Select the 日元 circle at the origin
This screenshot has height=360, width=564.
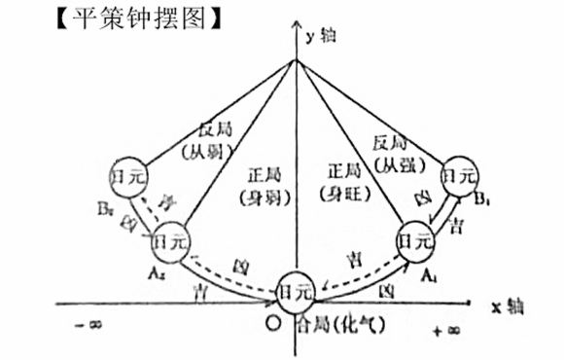pyautogui.click(x=296, y=291)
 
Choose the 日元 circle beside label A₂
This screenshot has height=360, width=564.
pyautogui.click(x=172, y=240)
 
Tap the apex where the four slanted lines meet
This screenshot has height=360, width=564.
pyautogui.click(x=296, y=60)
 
